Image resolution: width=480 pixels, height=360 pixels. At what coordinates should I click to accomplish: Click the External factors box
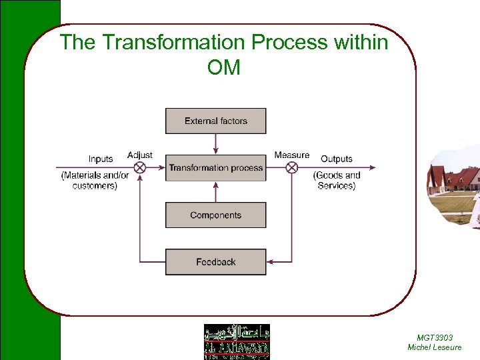click(215, 121)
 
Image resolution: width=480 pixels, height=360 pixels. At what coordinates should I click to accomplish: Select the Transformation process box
click(215, 168)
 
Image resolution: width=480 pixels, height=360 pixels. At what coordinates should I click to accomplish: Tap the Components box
click(215, 215)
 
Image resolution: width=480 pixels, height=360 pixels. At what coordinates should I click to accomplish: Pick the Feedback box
click(215, 262)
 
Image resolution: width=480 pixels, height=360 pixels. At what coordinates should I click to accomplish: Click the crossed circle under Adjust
click(140, 168)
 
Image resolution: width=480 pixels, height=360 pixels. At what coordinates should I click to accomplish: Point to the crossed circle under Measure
click(291, 168)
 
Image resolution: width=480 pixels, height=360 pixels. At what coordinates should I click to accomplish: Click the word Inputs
click(101, 159)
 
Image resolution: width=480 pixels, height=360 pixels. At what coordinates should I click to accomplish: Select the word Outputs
click(336, 159)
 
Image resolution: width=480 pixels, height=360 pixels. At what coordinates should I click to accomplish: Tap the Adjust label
click(140, 155)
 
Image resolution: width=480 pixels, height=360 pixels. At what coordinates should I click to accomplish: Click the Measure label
click(292, 155)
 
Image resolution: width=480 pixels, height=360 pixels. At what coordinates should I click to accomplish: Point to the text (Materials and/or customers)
click(95, 181)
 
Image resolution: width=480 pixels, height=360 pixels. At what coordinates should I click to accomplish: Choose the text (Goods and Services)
click(337, 181)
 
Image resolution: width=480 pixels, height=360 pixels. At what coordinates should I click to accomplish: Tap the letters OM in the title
click(224, 67)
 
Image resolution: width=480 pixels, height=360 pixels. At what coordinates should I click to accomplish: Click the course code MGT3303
click(435, 338)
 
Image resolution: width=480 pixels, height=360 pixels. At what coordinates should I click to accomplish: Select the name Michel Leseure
click(435, 347)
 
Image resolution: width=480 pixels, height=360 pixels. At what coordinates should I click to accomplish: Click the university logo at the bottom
click(237, 341)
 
